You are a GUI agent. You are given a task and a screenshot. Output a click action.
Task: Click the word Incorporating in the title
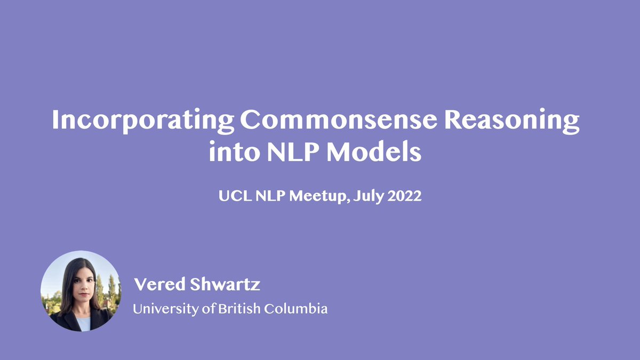[x=142, y=122]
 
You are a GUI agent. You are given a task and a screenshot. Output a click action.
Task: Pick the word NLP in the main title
[x=291, y=153]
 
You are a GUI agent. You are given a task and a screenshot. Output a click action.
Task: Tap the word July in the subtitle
[x=369, y=196]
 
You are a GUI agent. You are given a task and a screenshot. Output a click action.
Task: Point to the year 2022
[x=405, y=196]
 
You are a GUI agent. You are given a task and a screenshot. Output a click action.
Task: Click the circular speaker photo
[x=81, y=291]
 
